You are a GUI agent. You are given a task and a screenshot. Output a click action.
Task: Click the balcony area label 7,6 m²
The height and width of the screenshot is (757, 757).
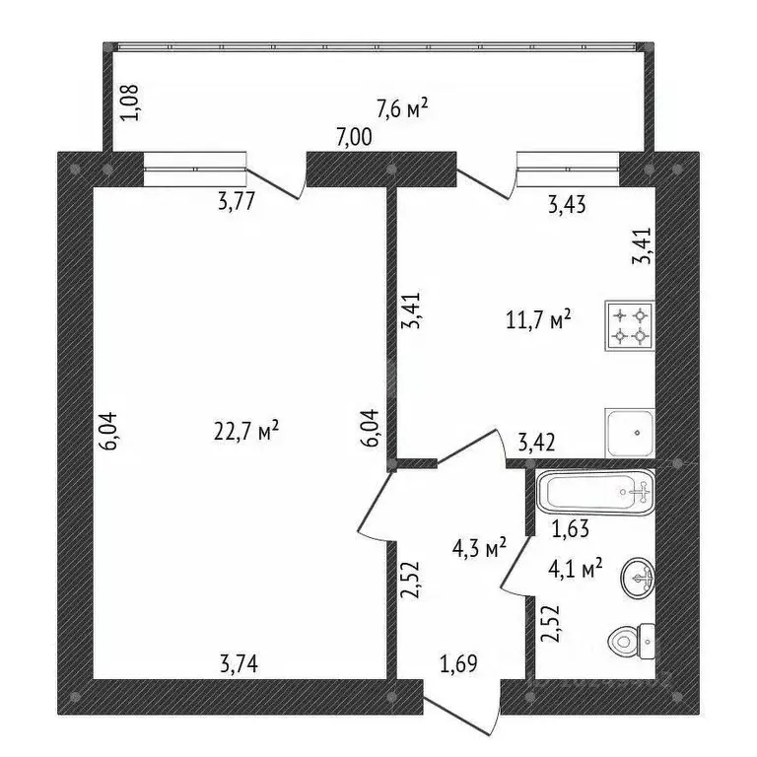402,107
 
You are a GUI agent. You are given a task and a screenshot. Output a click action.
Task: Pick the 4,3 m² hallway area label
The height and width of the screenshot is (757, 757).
479,547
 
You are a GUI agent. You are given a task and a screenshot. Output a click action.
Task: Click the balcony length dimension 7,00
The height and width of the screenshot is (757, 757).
354,138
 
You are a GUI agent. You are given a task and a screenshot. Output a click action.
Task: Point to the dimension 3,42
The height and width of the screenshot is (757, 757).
536,443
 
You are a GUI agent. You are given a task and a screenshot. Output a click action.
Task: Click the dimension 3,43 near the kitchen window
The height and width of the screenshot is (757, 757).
566,205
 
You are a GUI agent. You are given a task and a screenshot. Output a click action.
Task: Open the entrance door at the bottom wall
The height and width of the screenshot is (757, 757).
461,704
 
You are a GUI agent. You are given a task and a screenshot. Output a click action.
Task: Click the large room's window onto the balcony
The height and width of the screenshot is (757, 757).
194,169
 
